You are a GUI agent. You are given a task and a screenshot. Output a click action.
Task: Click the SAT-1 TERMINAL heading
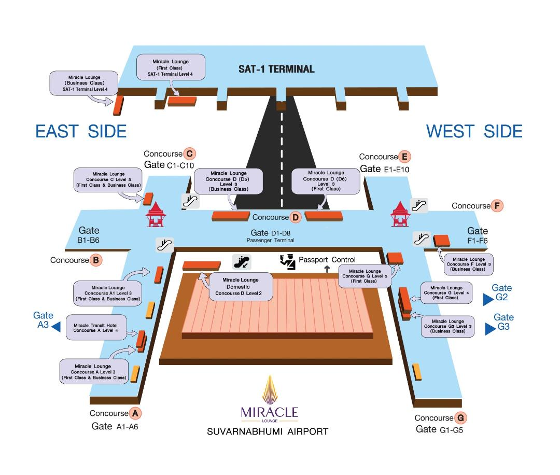pos(276,69)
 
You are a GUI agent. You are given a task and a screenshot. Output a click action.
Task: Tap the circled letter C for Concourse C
pos(189,153)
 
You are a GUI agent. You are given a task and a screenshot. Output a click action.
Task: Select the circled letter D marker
pos(295,217)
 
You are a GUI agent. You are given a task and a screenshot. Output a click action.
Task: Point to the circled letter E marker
pos(404,157)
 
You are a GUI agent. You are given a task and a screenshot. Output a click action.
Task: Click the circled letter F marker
pos(497,206)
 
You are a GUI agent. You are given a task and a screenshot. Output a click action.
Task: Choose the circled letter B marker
pos(95,260)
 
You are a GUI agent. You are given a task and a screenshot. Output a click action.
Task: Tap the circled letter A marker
pos(135,413)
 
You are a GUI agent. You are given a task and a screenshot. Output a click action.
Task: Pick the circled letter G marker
pos(460,418)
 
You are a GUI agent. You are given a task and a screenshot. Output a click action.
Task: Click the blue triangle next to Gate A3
pos(56,327)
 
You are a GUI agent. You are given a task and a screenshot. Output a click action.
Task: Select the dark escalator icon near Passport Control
pos(242,262)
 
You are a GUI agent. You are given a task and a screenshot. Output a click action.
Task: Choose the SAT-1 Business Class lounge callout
pos(83,83)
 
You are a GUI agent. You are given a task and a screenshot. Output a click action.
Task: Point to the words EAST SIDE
pos(81,131)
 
